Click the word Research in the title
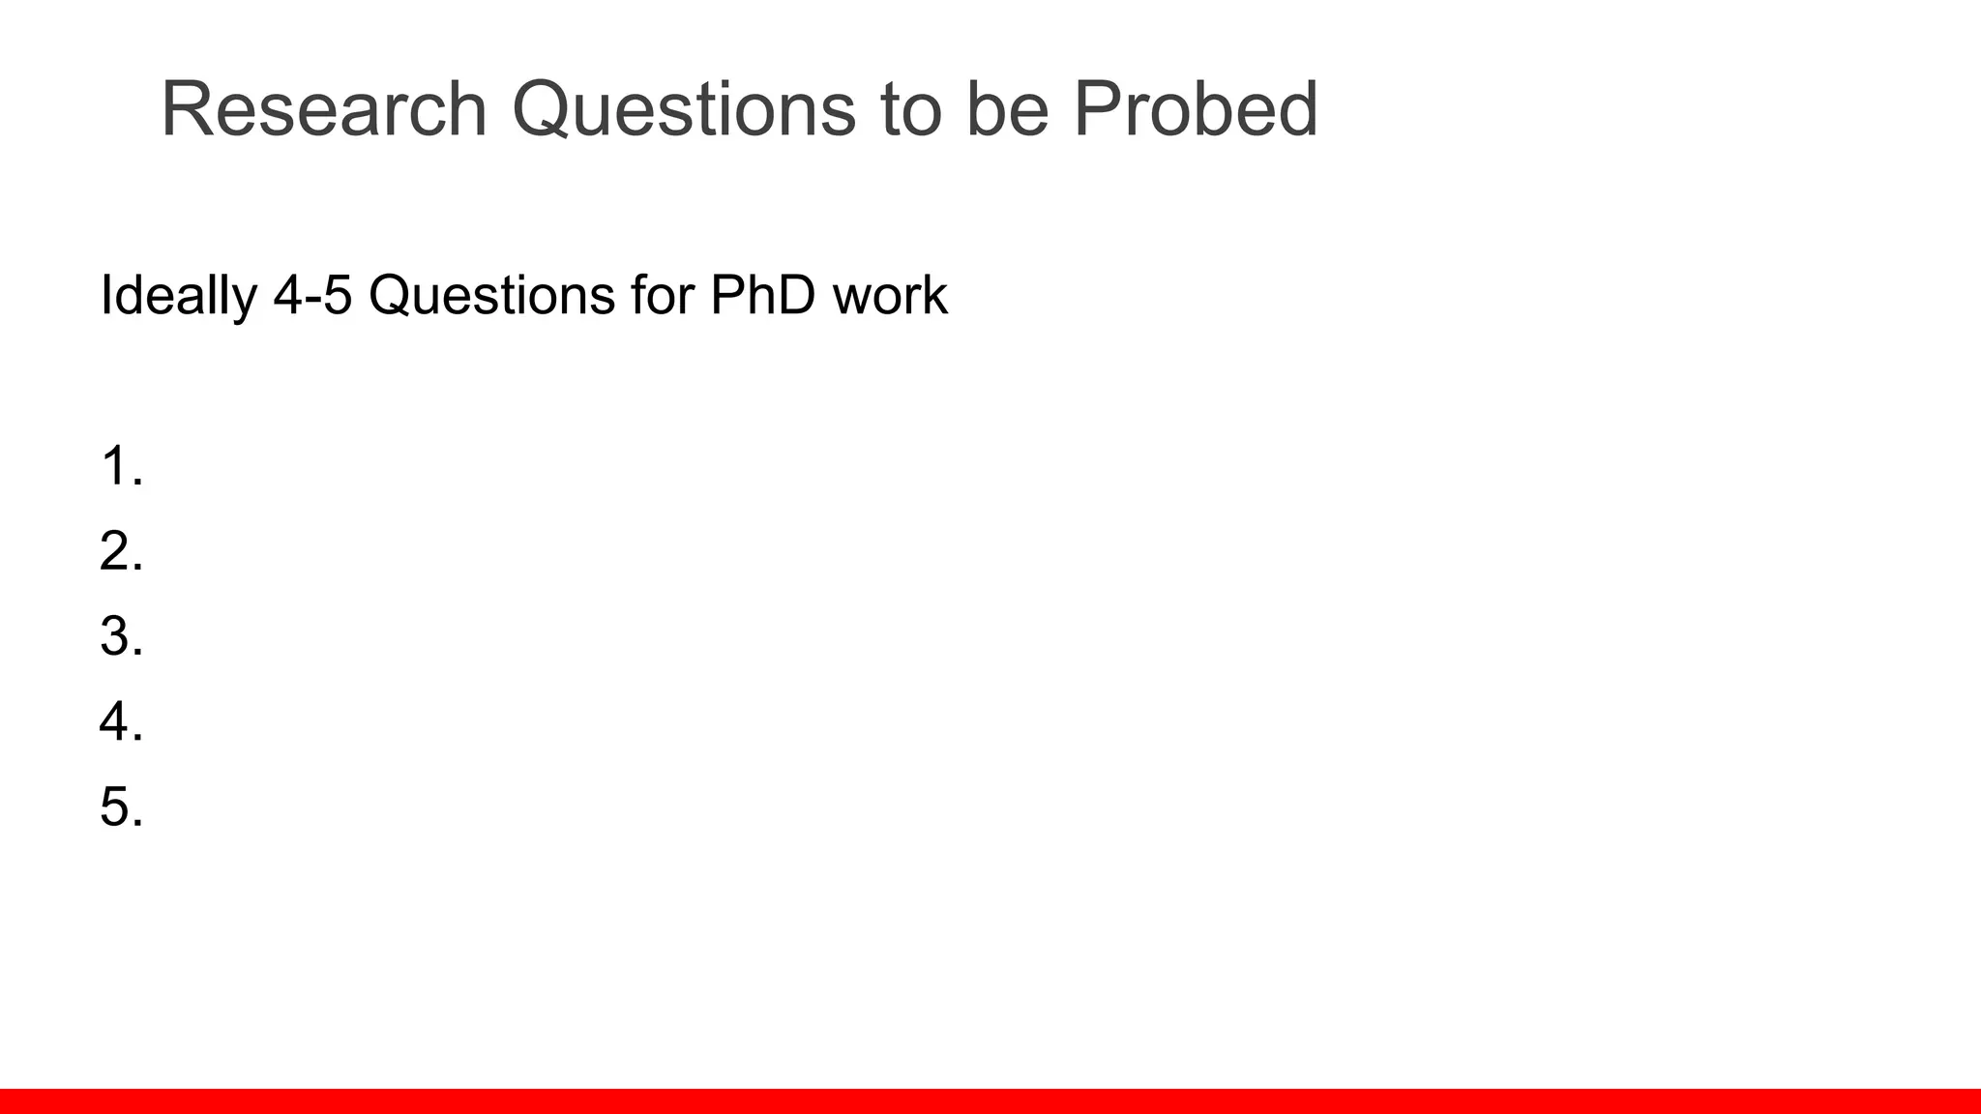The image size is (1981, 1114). click(323, 108)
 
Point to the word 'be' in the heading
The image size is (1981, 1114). click(1007, 108)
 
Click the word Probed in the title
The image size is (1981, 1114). click(1195, 108)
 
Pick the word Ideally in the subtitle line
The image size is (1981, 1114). click(178, 295)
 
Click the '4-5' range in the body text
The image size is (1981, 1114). click(312, 295)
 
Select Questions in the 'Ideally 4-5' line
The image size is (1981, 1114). click(491, 295)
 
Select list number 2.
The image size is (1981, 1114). click(121, 551)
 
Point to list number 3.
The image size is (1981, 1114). click(121, 636)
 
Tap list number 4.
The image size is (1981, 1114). click(121, 721)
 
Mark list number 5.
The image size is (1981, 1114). click(121, 806)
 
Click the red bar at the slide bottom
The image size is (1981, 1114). click(990, 1101)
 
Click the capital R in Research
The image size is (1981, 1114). click(189, 108)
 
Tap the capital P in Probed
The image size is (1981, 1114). click(1098, 108)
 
